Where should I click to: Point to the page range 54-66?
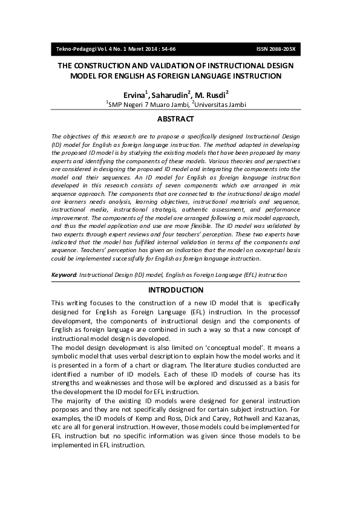pos(165,49)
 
